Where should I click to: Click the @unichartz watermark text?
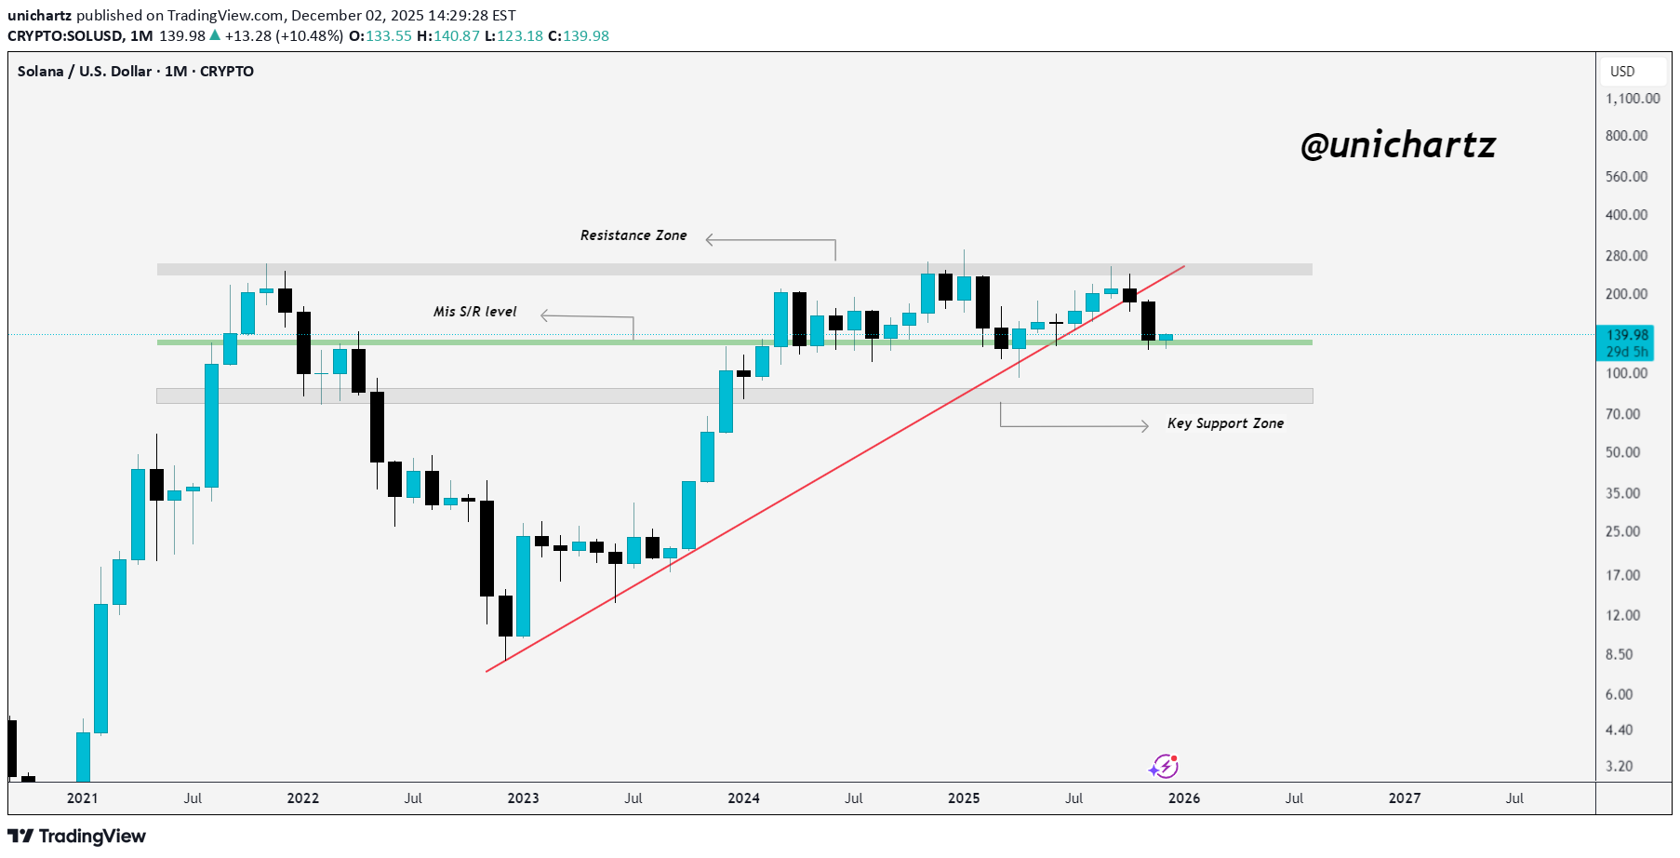pyautogui.click(x=1397, y=145)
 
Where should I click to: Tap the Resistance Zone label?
pyautogui.click(x=633, y=235)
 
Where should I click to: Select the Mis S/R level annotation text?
pyautogui.click(x=474, y=312)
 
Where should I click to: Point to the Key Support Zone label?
pyautogui.click(x=1225, y=423)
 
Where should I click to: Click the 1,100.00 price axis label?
pyautogui.click(x=1632, y=99)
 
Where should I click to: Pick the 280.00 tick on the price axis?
pyautogui.click(x=1626, y=256)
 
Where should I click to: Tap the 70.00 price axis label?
pyautogui.click(x=1622, y=414)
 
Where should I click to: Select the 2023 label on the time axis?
pyautogui.click(x=523, y=798)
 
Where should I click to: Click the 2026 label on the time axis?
pyautogui.click(x=1183, y=798)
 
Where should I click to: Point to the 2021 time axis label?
pyautogui.click(x=83, y=798)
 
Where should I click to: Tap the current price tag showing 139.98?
pyautogui.click(x=1626, y=335)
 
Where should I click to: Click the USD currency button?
pyautogui.click(x=1622, y=72)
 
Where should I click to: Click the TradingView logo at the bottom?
pyautogui.click(x=77, y=836)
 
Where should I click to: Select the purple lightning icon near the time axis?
pyautogui.click(x=1163, y=767)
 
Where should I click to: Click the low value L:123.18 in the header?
pyautogui.click(x=513, y=36)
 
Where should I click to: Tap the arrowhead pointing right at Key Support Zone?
pyautogui.click(x=1144, y=426)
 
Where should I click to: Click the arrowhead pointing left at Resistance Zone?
pyautogui.click(x=711, y=240)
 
